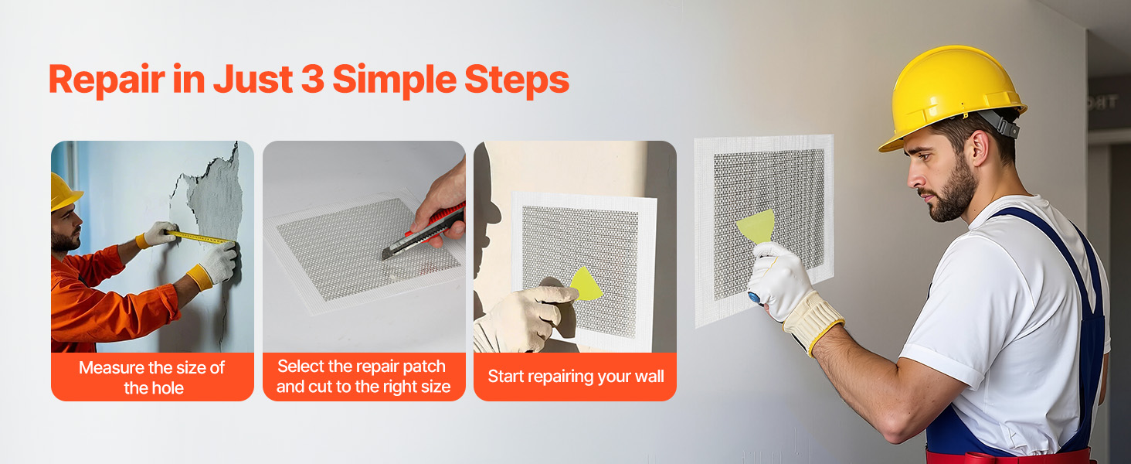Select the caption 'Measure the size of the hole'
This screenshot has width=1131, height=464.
[152, 377]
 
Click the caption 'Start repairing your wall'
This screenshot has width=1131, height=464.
[576, 377]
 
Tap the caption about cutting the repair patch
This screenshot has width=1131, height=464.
[364, 377]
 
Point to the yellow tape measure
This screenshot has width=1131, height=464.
[198, 237]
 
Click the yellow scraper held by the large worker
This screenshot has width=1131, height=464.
[757, 227]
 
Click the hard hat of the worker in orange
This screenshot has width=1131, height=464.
[64, 192]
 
